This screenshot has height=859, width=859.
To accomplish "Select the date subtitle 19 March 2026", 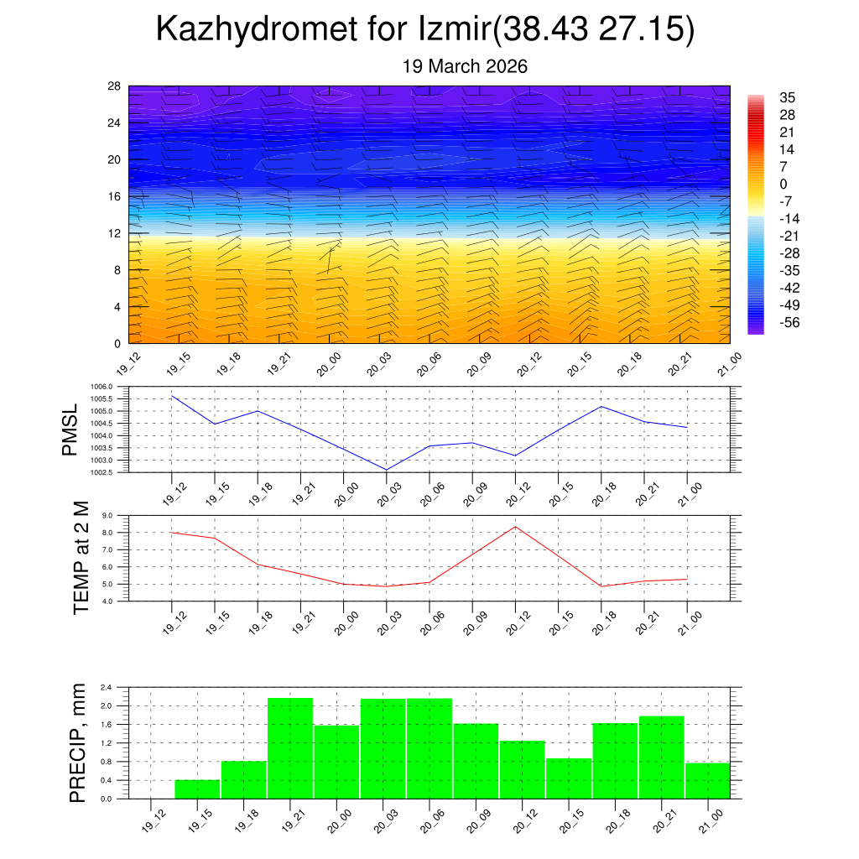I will [x=465, y=66].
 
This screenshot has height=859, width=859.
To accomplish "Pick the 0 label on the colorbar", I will [x=783, y=184].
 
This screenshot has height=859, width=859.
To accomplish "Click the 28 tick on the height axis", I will [x=115, y=86].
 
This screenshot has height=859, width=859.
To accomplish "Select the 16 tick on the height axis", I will [x=115, y=196].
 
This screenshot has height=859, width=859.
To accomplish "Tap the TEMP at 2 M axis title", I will [x=81, y=558].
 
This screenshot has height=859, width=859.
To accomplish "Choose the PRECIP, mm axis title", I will [x=77, y=742].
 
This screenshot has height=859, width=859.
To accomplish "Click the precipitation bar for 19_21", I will [x=290, y=748].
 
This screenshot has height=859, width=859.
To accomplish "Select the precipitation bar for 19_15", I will [x=197, y=789].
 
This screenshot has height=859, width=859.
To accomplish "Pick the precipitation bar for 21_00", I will [x=707, y=780].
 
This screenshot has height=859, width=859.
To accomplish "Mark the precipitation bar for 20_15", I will [x=568, y=778].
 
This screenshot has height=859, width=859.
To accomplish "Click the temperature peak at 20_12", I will [x=515, y=527].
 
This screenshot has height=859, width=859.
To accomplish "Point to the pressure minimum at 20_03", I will [x=387, y=470].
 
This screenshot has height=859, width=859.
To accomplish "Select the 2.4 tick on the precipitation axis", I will [x=107, y=687].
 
